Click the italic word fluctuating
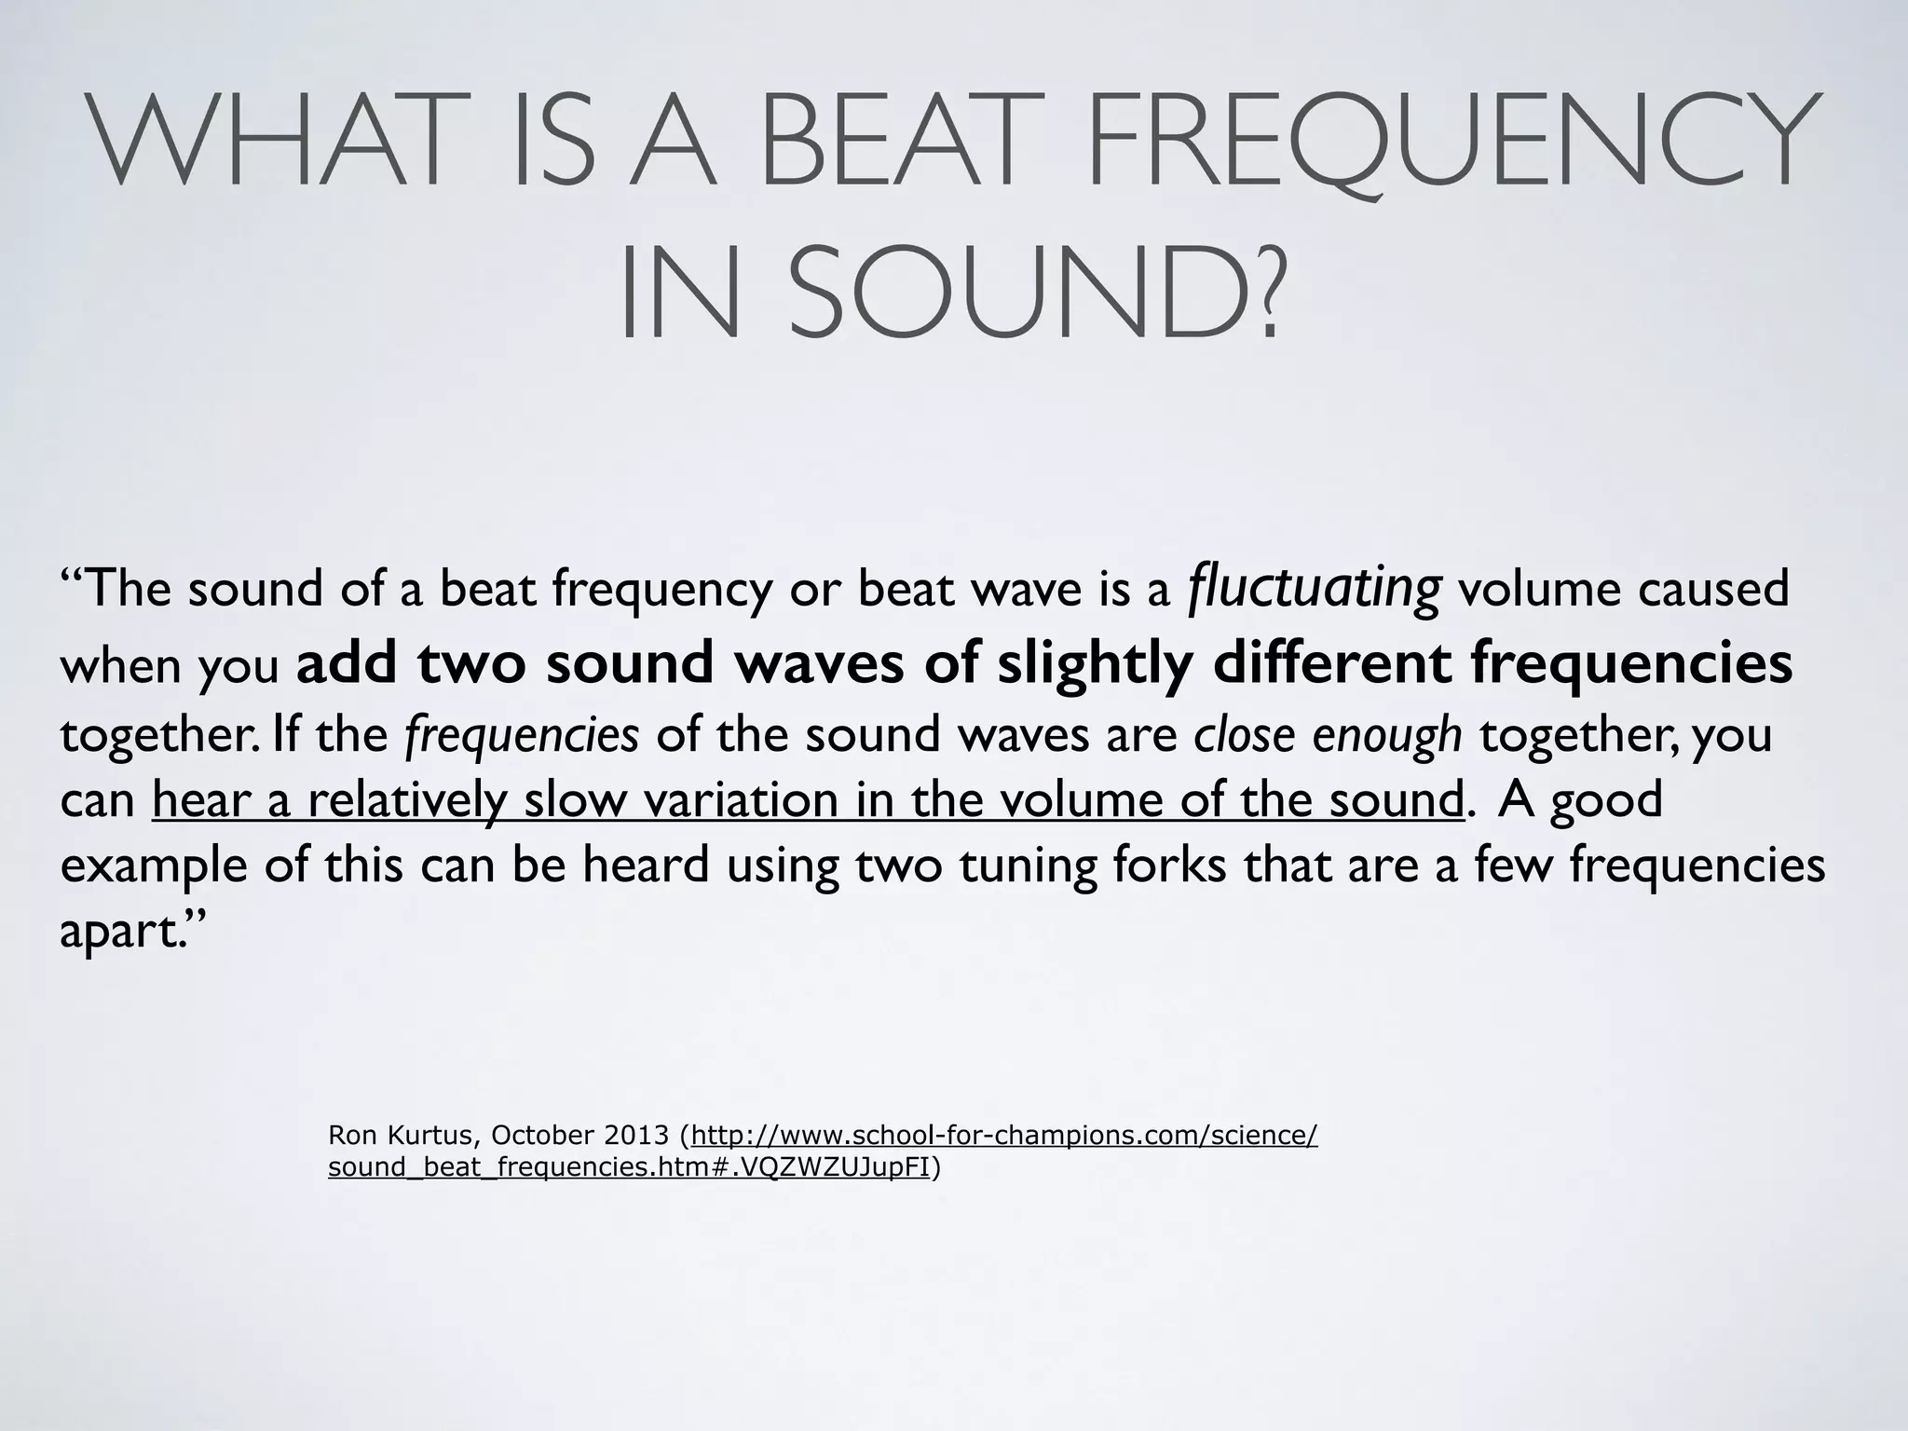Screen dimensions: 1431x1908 tap(1315, 590)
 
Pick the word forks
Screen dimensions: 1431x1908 tap(1170, 865)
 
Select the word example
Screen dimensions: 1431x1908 tap(154, 866)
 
